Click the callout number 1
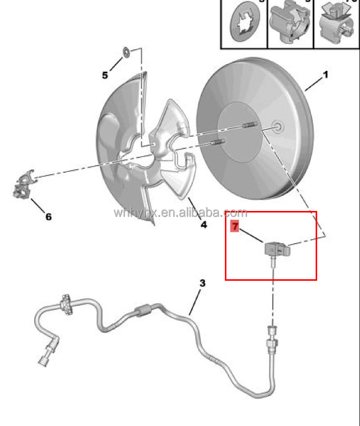325,75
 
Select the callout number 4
203,225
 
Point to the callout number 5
105,75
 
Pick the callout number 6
48,217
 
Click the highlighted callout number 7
235,226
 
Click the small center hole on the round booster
278,127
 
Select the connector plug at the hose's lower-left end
43,359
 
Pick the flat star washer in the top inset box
244,24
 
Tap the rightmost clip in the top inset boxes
337,23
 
